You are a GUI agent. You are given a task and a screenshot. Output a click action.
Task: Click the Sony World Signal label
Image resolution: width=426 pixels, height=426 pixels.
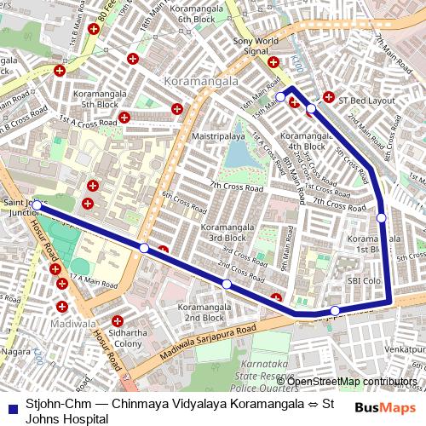click(x=256, y=45)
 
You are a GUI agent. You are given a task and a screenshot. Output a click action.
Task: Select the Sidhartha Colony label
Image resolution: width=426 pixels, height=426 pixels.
click(x=129, y=338)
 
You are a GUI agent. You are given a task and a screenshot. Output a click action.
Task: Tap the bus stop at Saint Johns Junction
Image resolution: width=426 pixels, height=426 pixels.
click(x=37, y=205)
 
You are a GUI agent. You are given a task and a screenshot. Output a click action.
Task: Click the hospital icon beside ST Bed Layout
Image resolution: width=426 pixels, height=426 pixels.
click(x=330, y=100)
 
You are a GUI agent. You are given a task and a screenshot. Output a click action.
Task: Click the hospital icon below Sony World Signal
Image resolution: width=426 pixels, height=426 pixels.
click(x=273, y=61)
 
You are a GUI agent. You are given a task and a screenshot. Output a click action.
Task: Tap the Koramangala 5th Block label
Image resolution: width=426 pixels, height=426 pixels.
click(x=101, y=99)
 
